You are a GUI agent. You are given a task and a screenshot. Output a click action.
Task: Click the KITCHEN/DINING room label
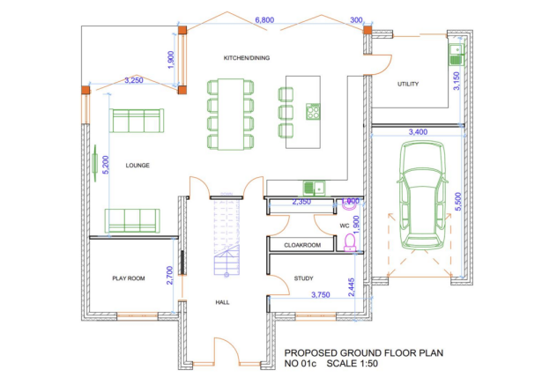(x=246, y=58)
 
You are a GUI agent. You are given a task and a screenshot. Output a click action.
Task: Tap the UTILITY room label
(x=407, y=85)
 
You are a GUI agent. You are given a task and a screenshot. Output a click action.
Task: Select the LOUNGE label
(x=137, y=165)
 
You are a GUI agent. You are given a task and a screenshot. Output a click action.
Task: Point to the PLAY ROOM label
(x=128, y=278)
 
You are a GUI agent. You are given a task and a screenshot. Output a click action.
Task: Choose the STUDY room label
(x=303, y=278)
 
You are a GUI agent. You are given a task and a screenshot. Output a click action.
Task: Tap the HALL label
(x=223, y=302)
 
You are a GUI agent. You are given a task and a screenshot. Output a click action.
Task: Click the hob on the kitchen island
(x=313, y=111)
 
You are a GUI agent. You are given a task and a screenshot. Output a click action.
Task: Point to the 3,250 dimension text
(x=134, y=81)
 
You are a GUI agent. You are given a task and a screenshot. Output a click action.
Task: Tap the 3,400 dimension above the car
(x=419, y=131)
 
